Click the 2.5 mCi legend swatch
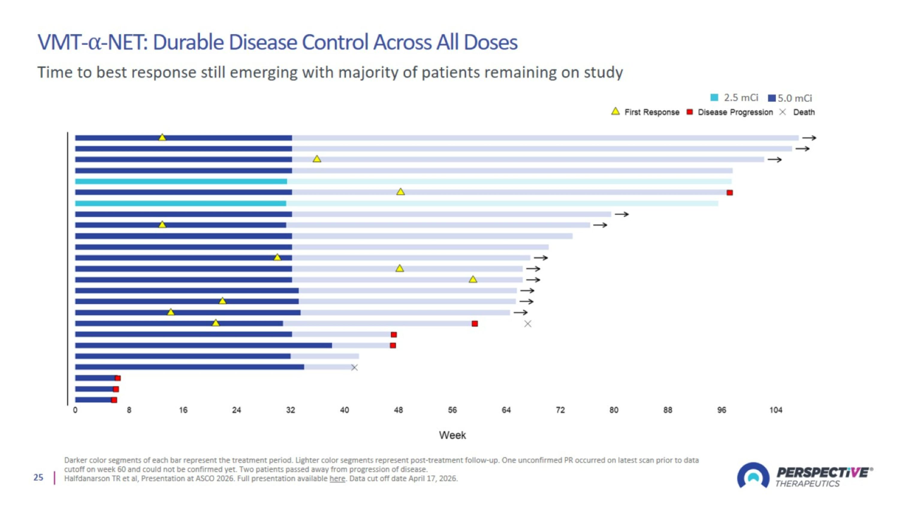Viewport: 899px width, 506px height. (x=714, y=97)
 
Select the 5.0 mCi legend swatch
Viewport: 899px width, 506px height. (x=772, y=98)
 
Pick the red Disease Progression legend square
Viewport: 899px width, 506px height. (x=690, y=112)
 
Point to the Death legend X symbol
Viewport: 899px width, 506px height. (x=783, y=112)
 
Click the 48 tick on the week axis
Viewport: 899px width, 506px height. (x=398, y=410)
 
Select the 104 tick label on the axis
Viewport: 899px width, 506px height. (x=776, y=410)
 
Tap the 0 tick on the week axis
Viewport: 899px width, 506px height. (x=75, y=410)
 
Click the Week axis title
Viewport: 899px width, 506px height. (x=452, y=435)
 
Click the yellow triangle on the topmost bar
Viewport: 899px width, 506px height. (x=162, y=137)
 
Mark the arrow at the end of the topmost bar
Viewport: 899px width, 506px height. (x=809, y=138)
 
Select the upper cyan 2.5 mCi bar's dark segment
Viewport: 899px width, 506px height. (x=181, y=181)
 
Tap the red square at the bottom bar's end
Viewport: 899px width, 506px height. (x=114, y=400)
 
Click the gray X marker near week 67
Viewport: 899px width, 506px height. (x=528, y=324)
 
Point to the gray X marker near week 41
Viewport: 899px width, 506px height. (x=354, y=367)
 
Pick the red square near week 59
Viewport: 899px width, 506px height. (x=475, y=324)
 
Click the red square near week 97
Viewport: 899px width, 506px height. (x=730, y=193)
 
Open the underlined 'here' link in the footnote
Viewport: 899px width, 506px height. (x=337, y=478)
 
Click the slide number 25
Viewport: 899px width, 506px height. (x=38, y=478)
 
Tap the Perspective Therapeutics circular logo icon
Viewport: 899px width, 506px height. (x=753, y=475)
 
